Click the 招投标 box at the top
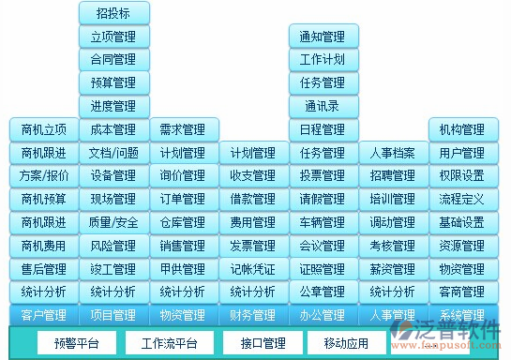point(113,13)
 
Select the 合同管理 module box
point(113,60)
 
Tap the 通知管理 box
point(323,37)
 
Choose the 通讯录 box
point(323,106)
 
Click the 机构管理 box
point(461,129)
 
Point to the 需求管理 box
point(183,129)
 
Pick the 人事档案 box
point(392,153)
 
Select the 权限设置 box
point(461,175)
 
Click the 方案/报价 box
point(43,175)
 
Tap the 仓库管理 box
point(183,222)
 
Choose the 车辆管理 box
point(323,222)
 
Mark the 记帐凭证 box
point(252,269)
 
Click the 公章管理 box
point(323,292)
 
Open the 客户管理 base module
point(43,315)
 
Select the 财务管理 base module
point(252,315)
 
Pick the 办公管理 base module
point(323,315)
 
